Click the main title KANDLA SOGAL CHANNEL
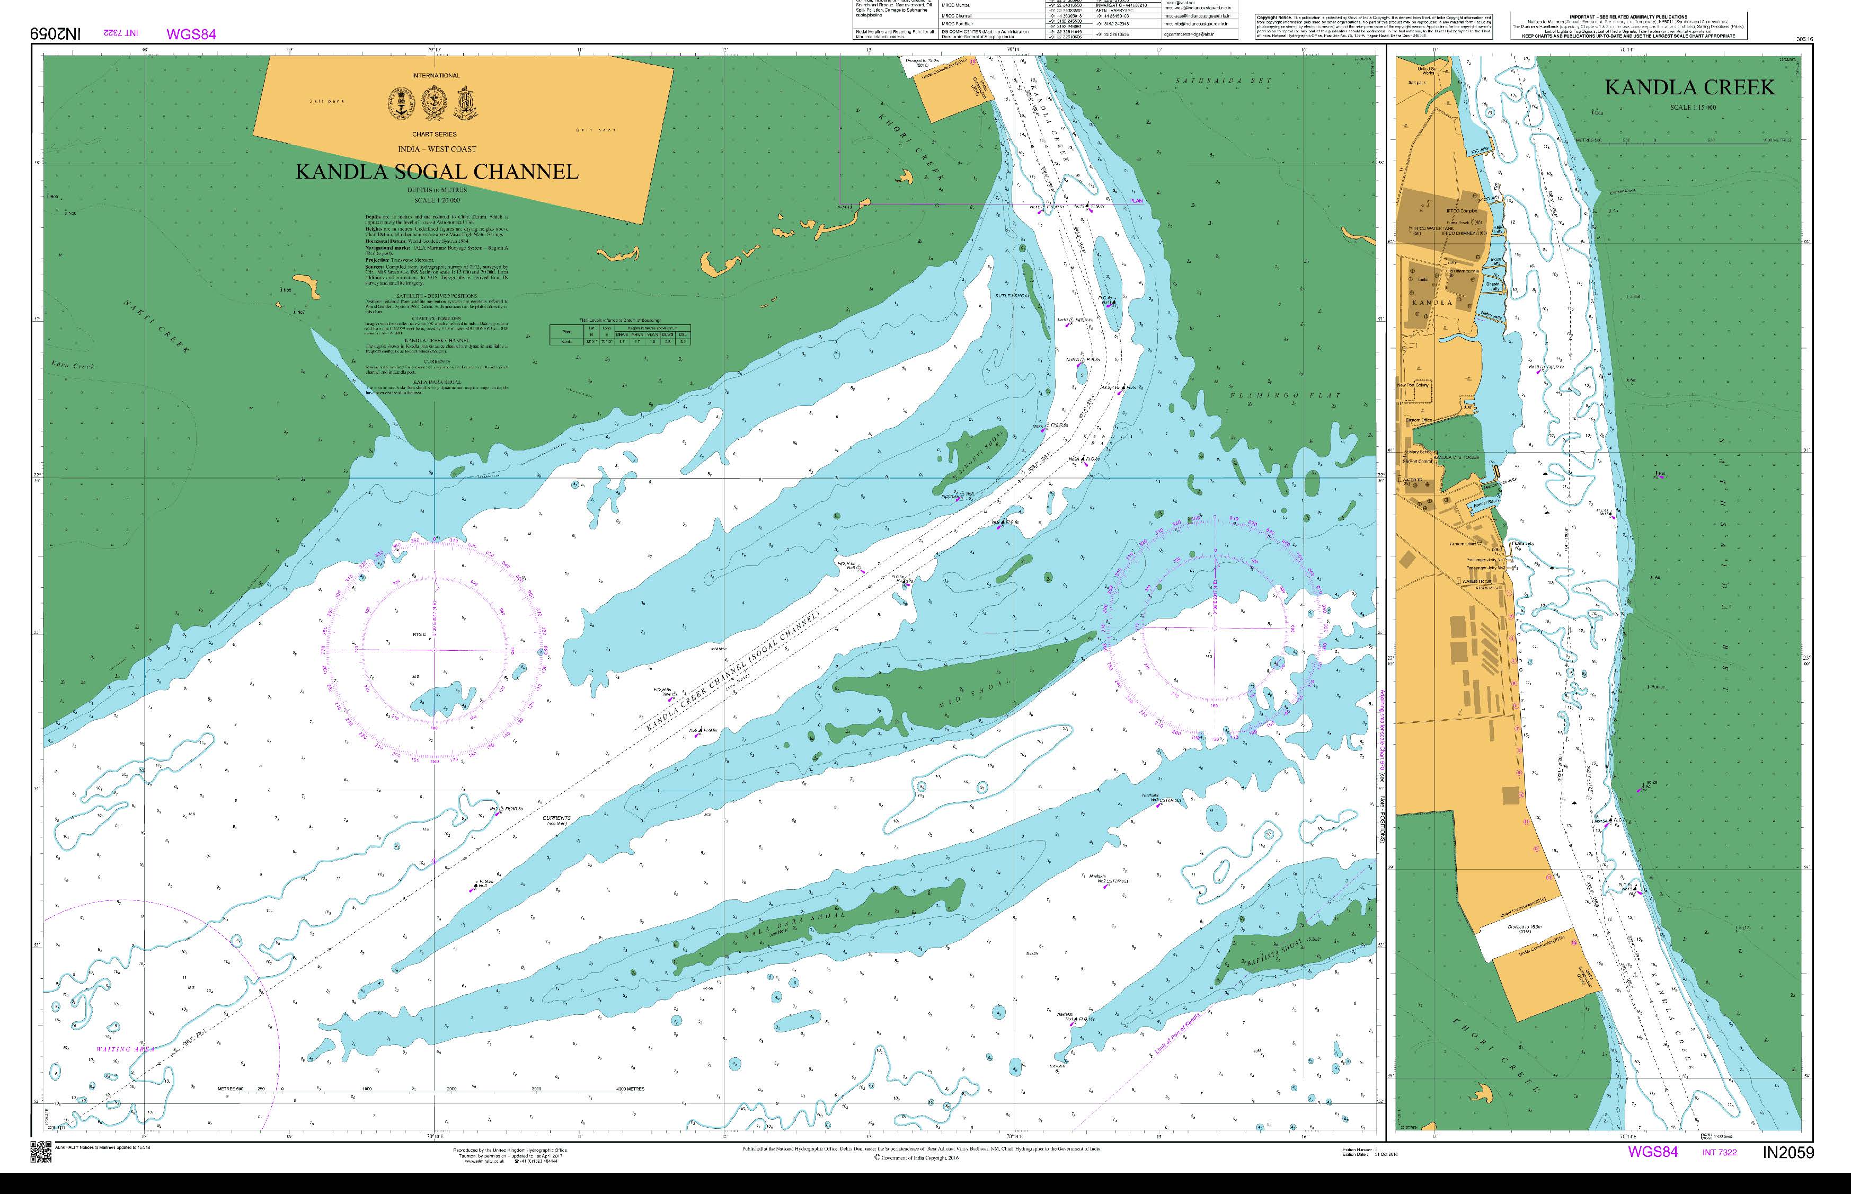point(437,172)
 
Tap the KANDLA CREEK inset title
point(1689,87)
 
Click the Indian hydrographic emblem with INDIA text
point(400,100)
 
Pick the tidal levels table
point(620,334)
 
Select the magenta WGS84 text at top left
point(191,34)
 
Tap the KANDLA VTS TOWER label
point(1459,457)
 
